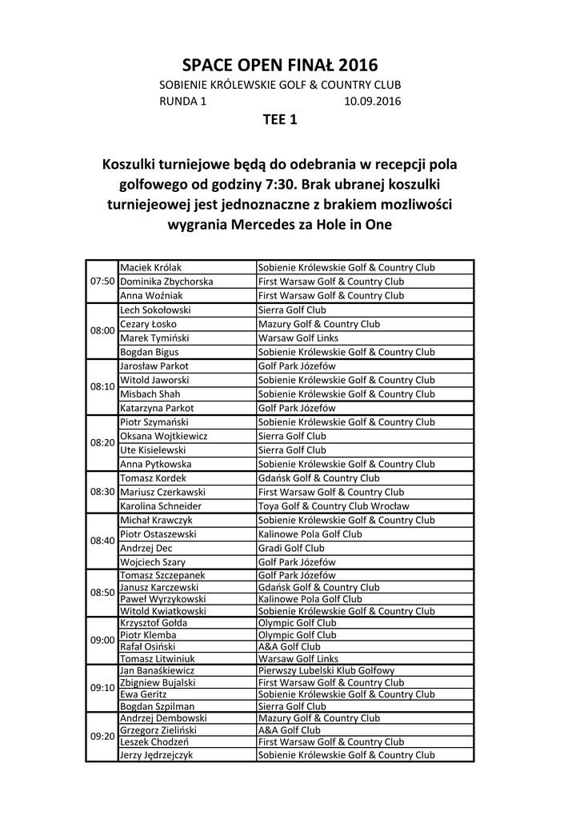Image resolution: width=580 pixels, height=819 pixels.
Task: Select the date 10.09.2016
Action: coord(372,102)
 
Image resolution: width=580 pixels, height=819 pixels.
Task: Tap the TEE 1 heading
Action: coord(280,121)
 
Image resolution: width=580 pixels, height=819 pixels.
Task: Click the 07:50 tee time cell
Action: coord(102,282)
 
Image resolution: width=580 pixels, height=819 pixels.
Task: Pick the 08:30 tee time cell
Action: coord(102,492)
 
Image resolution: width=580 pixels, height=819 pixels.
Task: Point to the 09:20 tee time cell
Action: coord(102,736)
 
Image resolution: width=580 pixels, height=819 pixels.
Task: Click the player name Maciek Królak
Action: coord(151,267)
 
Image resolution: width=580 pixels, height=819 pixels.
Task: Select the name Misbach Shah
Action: coord(150,394)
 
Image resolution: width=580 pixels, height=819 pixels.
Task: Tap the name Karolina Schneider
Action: coord(160,506)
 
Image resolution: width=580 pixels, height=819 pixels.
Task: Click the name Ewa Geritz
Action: coord(140,694)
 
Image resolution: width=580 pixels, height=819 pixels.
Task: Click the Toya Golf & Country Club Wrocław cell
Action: coord(334,506)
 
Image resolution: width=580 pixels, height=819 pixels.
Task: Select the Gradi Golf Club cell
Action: coord(291,548)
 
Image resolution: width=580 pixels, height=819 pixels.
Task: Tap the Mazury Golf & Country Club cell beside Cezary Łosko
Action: coord(318,324)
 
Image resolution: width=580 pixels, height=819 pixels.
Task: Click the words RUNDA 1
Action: coord(183,102)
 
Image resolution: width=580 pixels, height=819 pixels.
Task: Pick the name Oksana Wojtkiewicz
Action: coord(163,437)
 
